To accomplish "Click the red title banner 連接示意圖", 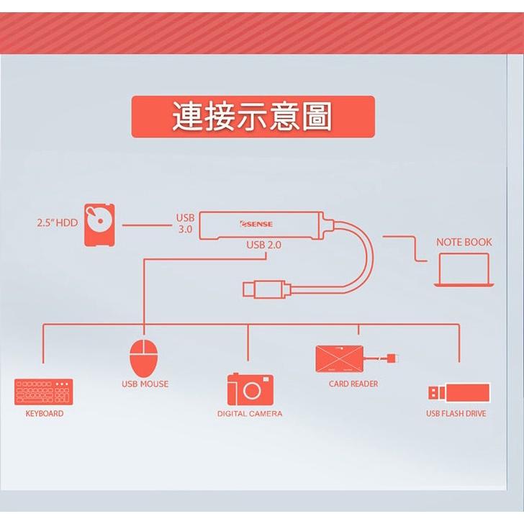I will click(x=253, y=117).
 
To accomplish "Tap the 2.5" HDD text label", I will click(x=57, y=223).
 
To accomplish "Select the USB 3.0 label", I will click(x=185, y=224).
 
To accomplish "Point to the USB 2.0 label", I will click(x=263, y=245).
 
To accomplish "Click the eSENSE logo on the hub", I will click(x=257, y=225).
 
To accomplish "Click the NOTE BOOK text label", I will click(x=464, y=243).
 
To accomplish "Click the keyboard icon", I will click(x=44, y=392).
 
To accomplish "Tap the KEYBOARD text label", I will click(x=44, y=414).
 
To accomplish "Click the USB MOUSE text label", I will click(x=145, y=384).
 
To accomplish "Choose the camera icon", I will click(x=250, y=389).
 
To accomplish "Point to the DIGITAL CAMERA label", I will click(x=250, y=414).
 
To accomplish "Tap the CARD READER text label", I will click(x=353, y=384).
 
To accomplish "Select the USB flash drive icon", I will click(x=459, y=393).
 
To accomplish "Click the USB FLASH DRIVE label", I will click(x=456, y=414).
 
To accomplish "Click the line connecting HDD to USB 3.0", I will click(x=145, y=225).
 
